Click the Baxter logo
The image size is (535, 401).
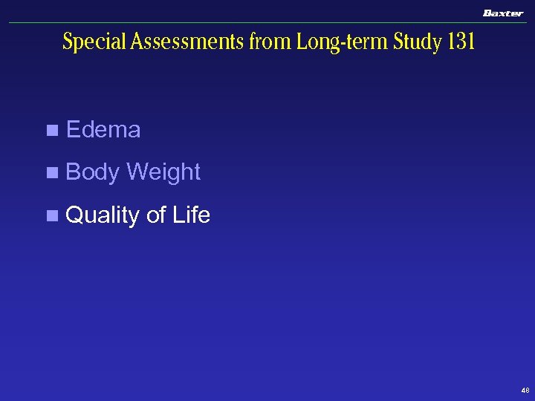(503, 13)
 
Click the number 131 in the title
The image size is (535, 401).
(461, 42)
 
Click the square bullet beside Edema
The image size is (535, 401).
(51, 131)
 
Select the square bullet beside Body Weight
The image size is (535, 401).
(51, 173)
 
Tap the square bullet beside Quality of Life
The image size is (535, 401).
(51, 216)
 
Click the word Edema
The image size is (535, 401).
(103, 130)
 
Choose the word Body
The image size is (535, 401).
(93, 172)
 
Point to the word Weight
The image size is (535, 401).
(163, 172)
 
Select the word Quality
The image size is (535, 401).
(103, 216)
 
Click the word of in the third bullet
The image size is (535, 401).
(156, 215)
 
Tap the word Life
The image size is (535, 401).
(191, 215)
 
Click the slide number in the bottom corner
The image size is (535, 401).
(525, 390)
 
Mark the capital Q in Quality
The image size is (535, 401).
(74, 216)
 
